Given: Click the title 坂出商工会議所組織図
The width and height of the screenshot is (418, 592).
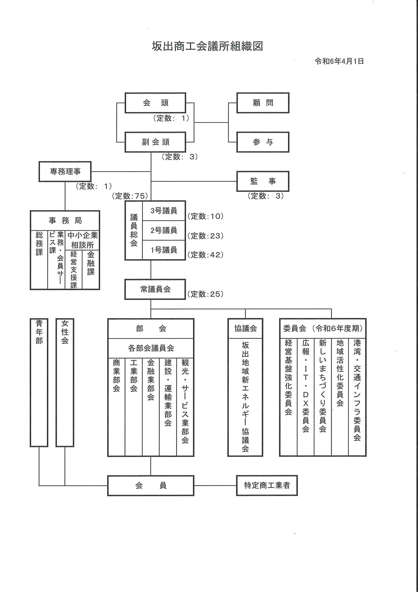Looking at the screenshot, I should click(207, 47).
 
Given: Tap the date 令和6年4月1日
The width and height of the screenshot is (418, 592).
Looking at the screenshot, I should click(339, 61).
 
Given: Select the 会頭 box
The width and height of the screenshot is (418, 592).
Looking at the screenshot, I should click(155, 103).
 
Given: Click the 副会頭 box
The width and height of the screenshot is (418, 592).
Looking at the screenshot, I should click(155, 142).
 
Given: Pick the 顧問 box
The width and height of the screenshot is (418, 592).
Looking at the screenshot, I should click(263, 103).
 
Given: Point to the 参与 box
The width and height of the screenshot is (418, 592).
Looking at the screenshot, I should click(263, 142).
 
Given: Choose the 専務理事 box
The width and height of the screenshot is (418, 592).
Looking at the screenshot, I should click(65, 172).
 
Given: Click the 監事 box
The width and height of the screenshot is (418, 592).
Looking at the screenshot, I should click(263, 181).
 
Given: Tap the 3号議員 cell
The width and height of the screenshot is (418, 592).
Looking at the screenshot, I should click(164, 211).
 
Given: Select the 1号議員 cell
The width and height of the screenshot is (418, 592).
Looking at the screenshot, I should click(164, 250).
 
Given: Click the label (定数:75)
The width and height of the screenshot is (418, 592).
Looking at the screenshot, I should click(130, 196).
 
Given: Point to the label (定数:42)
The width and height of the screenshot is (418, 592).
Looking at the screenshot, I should click(205, 255).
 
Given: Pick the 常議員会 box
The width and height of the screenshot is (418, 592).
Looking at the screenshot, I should click(155, 289).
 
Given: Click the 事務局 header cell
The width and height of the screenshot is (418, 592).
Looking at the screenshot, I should click(65, 221).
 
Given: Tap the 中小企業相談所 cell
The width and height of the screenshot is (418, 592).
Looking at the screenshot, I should click(82, 240).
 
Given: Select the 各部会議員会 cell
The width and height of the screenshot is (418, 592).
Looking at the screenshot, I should click(151, 348).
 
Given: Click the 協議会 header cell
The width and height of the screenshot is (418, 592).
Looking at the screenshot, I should click(245, 328).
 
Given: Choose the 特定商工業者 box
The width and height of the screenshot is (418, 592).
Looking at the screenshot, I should click(267, 485).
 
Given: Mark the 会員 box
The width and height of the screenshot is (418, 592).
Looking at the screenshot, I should click(151, 485).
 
